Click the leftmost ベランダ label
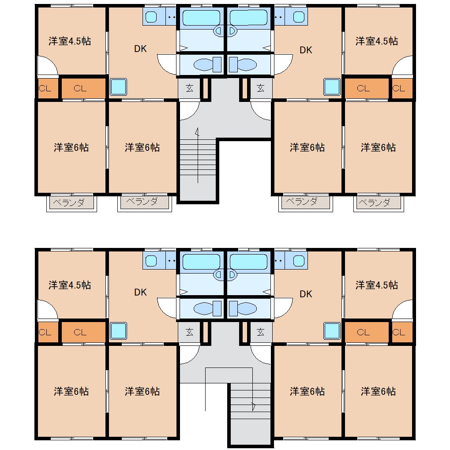(68, 202)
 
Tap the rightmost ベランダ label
(375, 203)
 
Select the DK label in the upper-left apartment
(140, 49)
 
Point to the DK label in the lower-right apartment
(306, 294)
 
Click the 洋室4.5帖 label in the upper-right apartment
(376, 41)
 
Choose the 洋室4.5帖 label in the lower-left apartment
(70, 285)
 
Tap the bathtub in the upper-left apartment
(202, 18)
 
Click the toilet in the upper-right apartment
(243, 64)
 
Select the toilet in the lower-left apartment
(207, 308)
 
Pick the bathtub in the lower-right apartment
(248, 262)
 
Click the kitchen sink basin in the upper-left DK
(151, 17)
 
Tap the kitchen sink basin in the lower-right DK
(299, 261)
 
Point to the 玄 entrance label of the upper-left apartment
(189, 88)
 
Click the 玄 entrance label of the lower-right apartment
(260, 332)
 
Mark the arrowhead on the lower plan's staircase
(253, 406)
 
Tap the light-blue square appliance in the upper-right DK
(332, 87)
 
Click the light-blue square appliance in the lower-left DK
(119, 331)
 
